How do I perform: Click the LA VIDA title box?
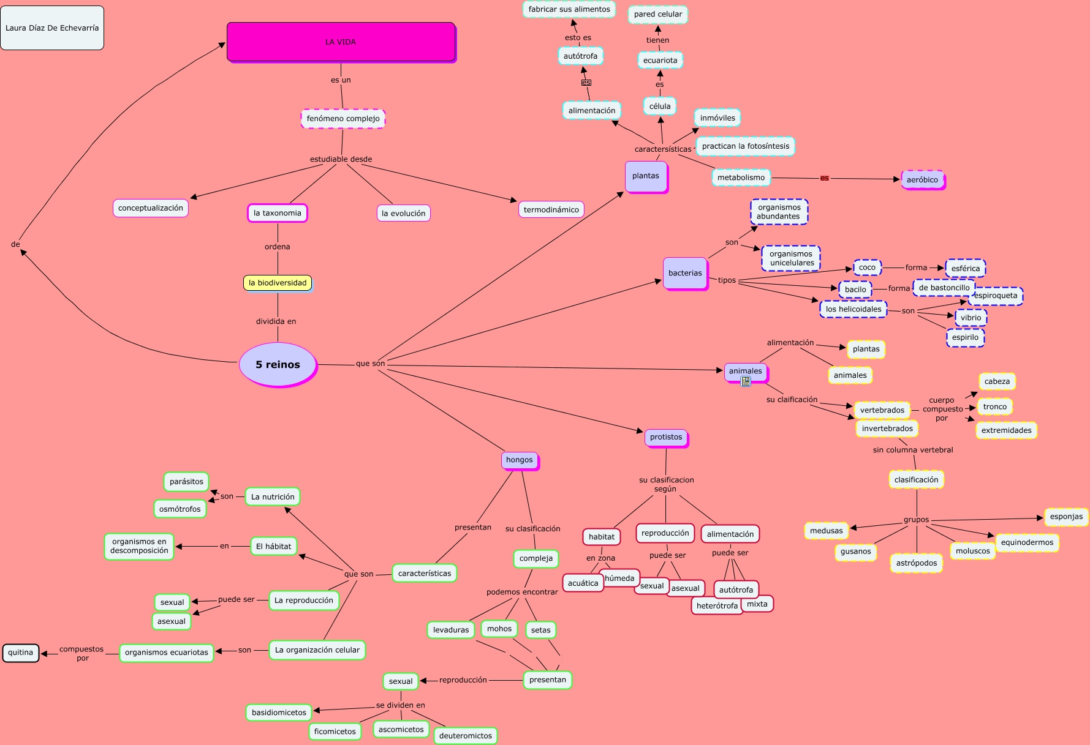point(341,42)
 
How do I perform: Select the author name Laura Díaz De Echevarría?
point(52,28)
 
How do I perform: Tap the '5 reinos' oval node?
point(278,364)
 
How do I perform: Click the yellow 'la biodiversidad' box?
point(278,283)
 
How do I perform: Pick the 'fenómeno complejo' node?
point(343,119)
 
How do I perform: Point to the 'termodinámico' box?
point(551,209)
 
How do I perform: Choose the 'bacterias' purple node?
point(685,273)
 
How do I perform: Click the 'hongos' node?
point(520,460)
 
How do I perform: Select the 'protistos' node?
point(666,437)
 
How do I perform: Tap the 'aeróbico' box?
point(922,179)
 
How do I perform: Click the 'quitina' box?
point(21,653)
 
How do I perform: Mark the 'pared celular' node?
point(658,14)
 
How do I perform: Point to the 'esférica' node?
point(966,268)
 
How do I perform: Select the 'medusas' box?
point(827,531)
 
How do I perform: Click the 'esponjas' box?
point(1066,517)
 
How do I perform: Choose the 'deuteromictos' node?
point(466,736)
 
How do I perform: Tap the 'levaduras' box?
point(451,630)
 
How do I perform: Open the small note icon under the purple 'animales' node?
point(746,382)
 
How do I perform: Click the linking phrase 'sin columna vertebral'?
point(913,450)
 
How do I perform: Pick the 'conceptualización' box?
point(151,208)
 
